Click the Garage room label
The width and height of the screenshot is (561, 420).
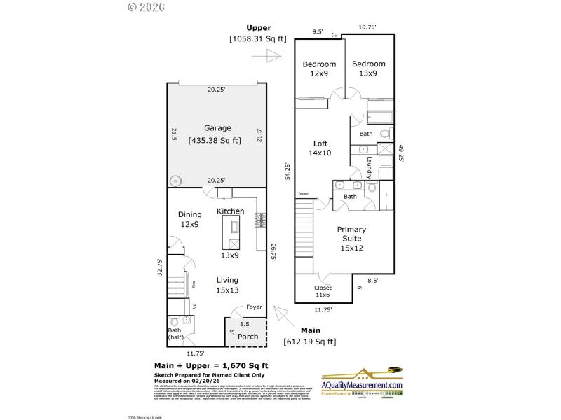click(x=217, y=128)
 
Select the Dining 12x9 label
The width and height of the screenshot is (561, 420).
click(x=189, y=219)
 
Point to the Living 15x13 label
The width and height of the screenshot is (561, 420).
click(x=227, y=285)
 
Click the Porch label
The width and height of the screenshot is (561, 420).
click(x=248, y=336)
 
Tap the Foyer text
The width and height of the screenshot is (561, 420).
click(x=253, y=307)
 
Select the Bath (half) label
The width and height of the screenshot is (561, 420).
click(x=175, y=334)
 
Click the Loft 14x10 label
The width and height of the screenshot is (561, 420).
click(x=320, y=148)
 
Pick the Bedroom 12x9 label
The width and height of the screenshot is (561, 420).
click(x=319, y=69)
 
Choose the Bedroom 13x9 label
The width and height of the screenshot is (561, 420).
click(x=369, y=69)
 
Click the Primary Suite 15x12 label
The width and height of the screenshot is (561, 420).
click(x=351, y=238)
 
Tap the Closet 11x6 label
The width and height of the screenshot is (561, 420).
click(x=323, y=291)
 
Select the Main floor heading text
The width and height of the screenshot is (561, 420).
click(x=310, y=330)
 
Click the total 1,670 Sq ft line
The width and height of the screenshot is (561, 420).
click(x=211, y=365)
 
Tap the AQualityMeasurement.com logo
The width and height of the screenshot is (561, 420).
click(x=363, y=384)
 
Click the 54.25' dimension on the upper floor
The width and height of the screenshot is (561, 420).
click(x=287, y=171)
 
